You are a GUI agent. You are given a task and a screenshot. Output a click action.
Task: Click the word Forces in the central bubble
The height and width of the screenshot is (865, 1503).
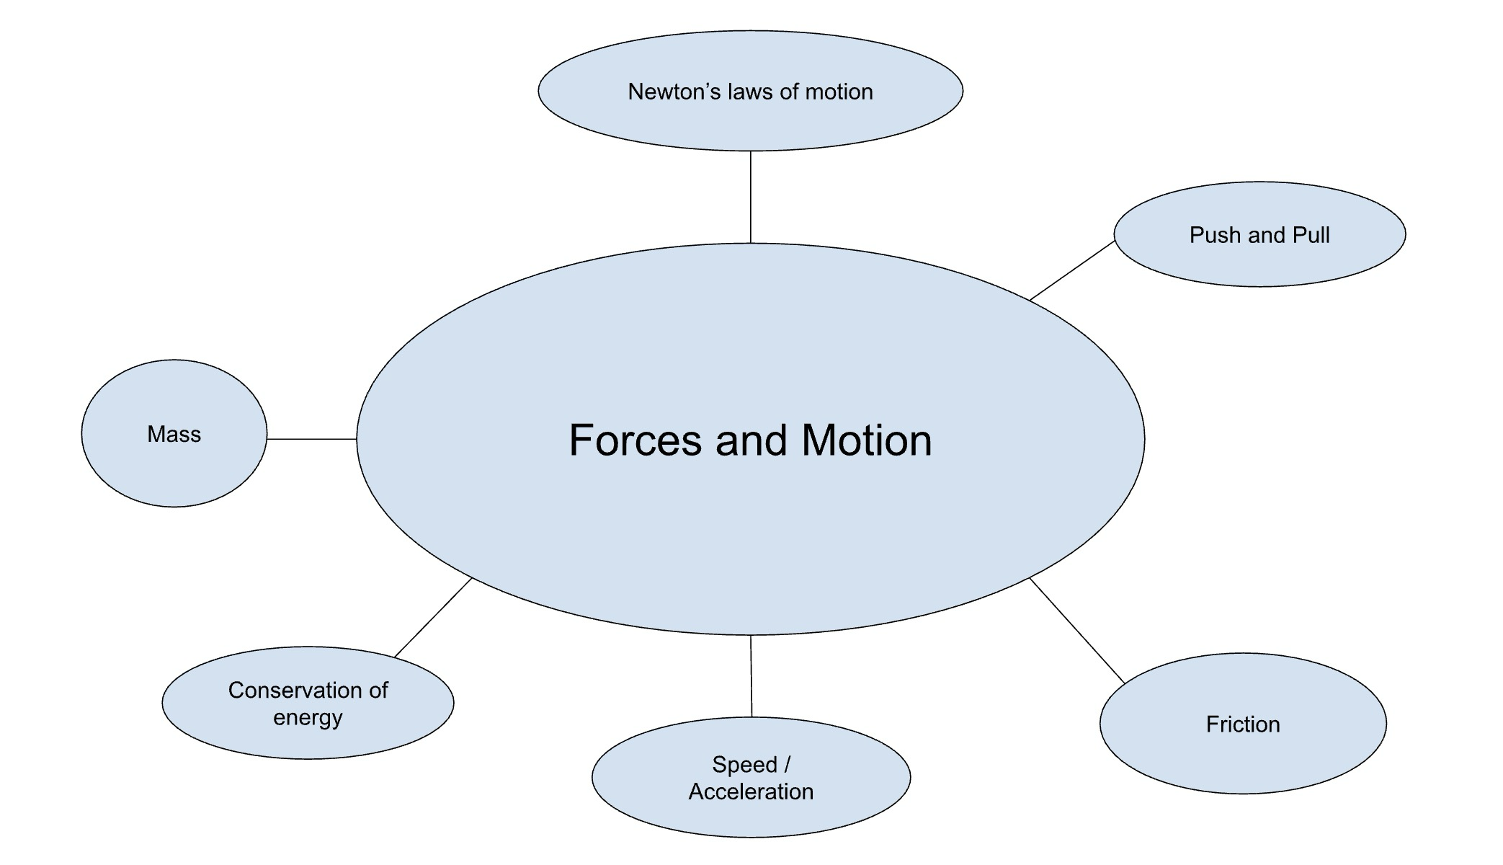(635, 440)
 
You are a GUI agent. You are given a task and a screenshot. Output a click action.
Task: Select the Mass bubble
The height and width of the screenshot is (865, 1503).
(174, 434)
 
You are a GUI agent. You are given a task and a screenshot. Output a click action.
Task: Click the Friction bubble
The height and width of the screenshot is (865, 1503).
(1243, 724)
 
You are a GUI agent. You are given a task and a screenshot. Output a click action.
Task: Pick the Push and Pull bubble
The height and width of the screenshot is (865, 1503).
(1259, 234)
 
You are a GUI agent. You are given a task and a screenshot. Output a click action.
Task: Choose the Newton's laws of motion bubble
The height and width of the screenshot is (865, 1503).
(750, 92)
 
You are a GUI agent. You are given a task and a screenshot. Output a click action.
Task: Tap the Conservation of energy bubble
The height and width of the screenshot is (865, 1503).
(308, 703)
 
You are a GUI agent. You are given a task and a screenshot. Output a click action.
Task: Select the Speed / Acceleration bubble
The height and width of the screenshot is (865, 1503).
(751, 777)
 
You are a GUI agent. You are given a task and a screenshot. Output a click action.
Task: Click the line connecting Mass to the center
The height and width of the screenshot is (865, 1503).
(311, 438)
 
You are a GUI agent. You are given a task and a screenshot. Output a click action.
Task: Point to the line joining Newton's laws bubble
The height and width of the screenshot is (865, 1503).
(751, 197)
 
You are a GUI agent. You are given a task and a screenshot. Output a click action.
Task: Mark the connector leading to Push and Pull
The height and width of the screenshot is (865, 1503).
(1072, 270)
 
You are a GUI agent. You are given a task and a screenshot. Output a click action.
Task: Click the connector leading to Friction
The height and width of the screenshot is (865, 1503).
(1077, 631)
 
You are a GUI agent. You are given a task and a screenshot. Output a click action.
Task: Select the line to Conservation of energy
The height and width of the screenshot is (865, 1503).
(433, 617)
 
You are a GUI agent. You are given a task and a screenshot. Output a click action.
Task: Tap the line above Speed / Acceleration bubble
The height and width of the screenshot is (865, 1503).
(751, 676)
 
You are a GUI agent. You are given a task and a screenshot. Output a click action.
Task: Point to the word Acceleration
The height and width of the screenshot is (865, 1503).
(751, 791)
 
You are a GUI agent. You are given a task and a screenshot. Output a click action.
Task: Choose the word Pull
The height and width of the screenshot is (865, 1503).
(1311, 234)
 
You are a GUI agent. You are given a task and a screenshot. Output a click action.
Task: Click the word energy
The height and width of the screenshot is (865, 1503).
(308, 718)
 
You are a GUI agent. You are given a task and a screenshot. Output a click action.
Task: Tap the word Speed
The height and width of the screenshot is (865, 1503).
(744, 764)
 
